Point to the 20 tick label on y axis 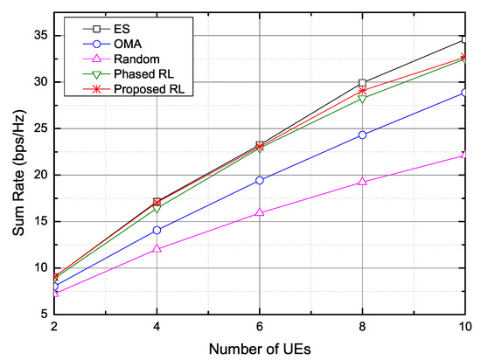[x=42, y=175]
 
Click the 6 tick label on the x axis [x=260, y=327]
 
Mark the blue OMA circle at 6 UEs [x=260, y=180]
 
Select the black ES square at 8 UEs [x=362, y=83]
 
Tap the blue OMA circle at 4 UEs [x=157, y=230]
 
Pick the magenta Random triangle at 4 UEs [x=157, y=249]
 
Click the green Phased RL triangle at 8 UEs [x=362, y=98]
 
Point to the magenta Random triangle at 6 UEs [x=260, y=212]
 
